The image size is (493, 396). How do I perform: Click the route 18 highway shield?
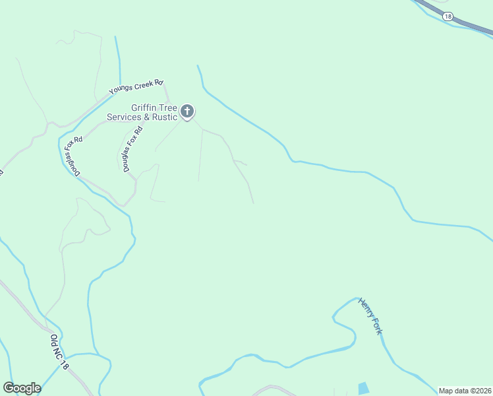(448, 16)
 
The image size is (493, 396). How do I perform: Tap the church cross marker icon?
(187, 111)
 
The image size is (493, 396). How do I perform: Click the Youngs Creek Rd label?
(136, 86)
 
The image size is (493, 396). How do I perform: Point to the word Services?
(125, 117)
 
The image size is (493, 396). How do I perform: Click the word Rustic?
(165, 117)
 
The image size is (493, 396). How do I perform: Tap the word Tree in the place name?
(169, 108)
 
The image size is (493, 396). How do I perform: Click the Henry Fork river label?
(370, 316)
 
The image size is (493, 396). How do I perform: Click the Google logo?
(22, 388)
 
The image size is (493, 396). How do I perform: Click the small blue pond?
(363, 388)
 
